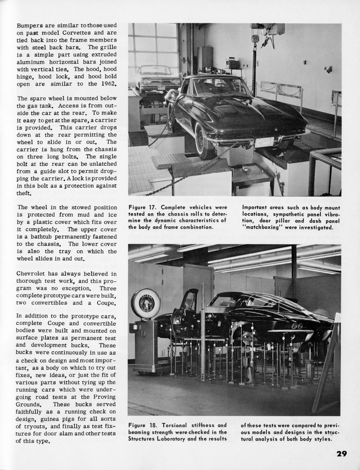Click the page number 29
coord(341,454)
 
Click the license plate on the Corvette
coord(264,142)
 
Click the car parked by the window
coord(156,78)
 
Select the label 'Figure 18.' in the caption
coord(143,425)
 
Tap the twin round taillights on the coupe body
coord(297,326)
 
